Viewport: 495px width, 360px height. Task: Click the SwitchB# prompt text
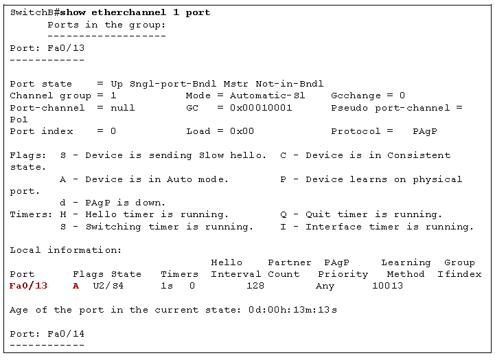[35, 12]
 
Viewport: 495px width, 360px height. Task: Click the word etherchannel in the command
[129, 12]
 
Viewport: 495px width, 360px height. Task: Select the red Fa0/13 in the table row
[28, 286]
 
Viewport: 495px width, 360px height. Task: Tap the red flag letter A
[76, 286]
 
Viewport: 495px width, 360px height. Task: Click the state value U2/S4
[108, 286]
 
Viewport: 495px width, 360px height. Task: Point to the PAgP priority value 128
[255, 286]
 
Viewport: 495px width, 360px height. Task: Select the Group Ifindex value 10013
[387, 286]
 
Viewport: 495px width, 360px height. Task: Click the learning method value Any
[325, 286]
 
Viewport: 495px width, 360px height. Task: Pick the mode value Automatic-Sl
[267, 95]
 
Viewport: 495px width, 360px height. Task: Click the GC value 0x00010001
[261, 108]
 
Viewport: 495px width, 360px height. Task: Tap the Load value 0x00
[242, 131]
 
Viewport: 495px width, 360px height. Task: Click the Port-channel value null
[122, 108]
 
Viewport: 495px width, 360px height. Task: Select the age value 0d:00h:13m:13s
[292, 310]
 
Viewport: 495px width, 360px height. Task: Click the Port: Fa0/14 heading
[47, 334]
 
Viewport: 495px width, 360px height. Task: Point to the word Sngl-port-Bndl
[173, 84]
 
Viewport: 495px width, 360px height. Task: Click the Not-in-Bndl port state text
[290, 84]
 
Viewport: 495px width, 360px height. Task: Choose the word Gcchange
[356, 95]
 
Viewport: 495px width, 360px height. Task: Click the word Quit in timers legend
[318, 214]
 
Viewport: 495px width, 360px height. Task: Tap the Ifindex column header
[459, 274]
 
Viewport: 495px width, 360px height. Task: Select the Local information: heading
[66, 250]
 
